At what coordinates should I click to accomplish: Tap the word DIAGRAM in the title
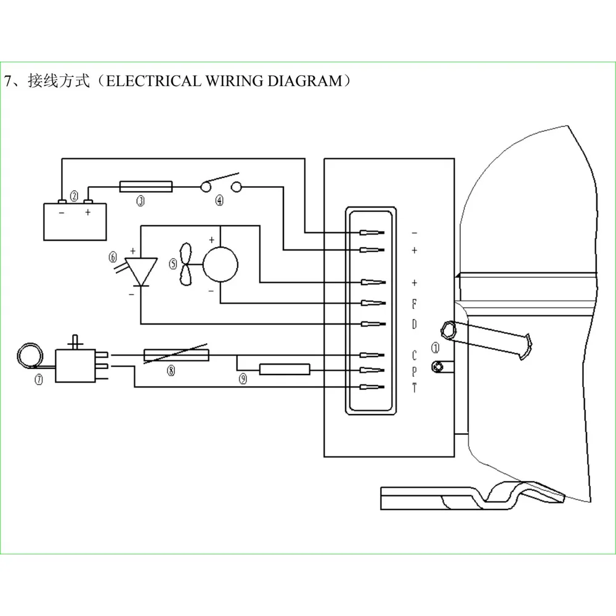[x=305, y=81]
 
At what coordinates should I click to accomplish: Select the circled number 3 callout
[x=140, y=201]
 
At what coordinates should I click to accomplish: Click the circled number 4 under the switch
[x=219, y=200]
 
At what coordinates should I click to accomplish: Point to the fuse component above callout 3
[x=146, y=187]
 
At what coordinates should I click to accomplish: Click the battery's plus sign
[x=87, y=212]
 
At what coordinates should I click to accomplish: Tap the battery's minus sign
[x=62, y=213]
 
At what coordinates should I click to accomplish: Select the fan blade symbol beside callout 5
[x=186, y=264]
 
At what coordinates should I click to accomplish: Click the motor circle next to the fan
[x=220, y=264]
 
